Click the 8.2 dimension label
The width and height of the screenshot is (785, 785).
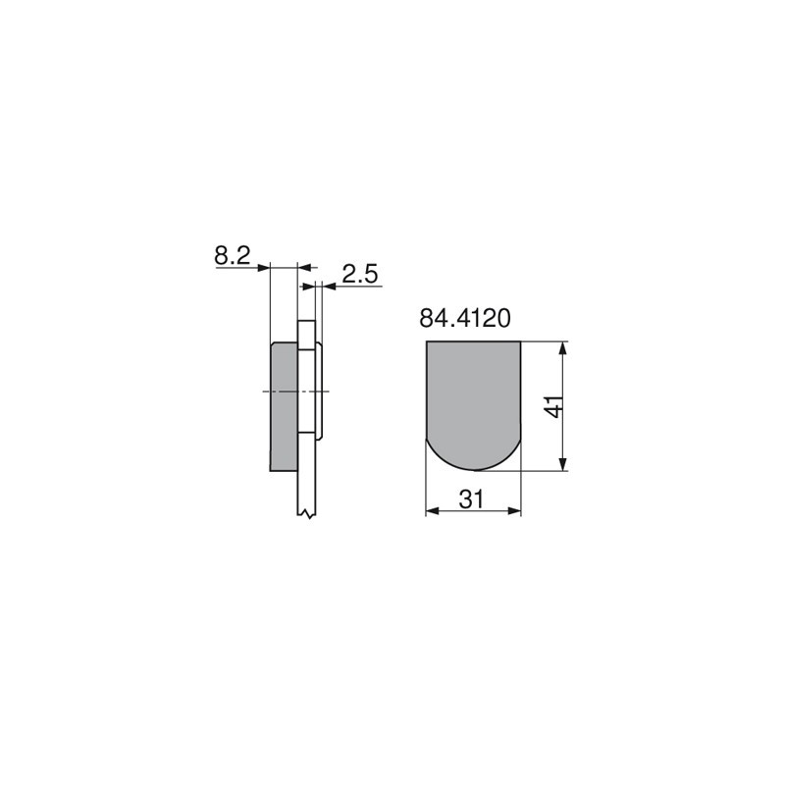coord(233,256)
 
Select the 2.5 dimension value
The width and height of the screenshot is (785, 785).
coord(360,275)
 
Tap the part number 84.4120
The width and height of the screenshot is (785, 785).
coord(465,318)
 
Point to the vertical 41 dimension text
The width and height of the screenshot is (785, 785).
coord(555,406)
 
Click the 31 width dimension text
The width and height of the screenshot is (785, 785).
coord(472,499)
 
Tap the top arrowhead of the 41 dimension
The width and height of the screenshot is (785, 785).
coord(563,348)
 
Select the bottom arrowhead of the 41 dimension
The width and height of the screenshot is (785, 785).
coord(563,464)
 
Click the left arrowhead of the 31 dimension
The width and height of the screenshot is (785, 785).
coord(433,511)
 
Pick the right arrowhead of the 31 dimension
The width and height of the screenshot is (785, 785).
coord(514,511)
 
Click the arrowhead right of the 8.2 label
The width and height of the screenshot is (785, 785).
coord(263,268)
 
